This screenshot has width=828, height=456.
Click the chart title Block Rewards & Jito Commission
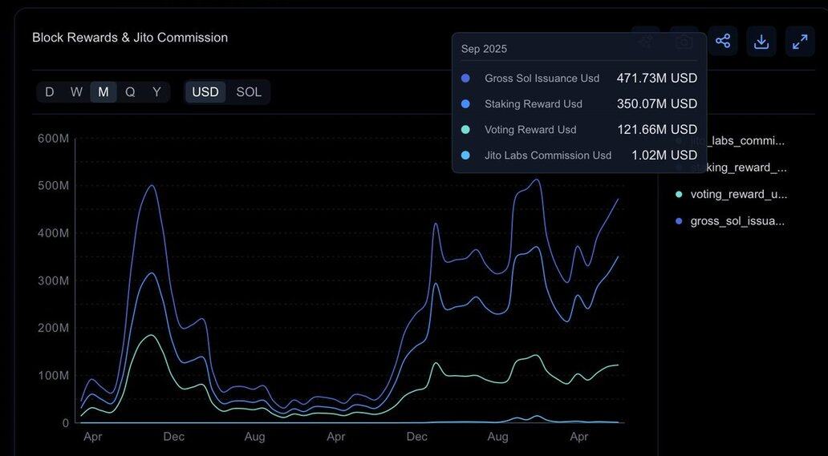[x=130, y=38]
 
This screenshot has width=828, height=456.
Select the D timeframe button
[x=50, y=92]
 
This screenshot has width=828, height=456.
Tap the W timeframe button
[x=76, y=92]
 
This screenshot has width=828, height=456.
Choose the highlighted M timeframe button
[x=103, y=92]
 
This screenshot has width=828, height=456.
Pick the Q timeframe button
[x=130, y=92]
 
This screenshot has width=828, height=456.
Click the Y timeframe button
[x=156, y=92]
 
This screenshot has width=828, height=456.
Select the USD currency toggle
[x=205, y=92]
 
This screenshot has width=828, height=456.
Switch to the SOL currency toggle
[x=249, y=92]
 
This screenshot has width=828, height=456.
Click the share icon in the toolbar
[x=723, y=41]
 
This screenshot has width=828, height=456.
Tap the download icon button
[x=761, y=41]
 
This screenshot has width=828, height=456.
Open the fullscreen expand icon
[x=800, y=41]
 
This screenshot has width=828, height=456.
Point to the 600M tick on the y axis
[x=54, y=139]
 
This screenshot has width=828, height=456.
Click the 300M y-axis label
[x=54, y=280]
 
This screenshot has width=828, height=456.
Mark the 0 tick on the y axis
[x=65, y=422]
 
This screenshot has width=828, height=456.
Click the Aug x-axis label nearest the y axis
[x=255, y=437]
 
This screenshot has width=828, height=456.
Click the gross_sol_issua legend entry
[x=737, y=220]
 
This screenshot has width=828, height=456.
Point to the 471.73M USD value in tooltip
[x=656, y=79]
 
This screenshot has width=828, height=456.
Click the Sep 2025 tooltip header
[x=484, y=49]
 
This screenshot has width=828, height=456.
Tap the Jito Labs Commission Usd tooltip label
[x=548, y=155]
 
